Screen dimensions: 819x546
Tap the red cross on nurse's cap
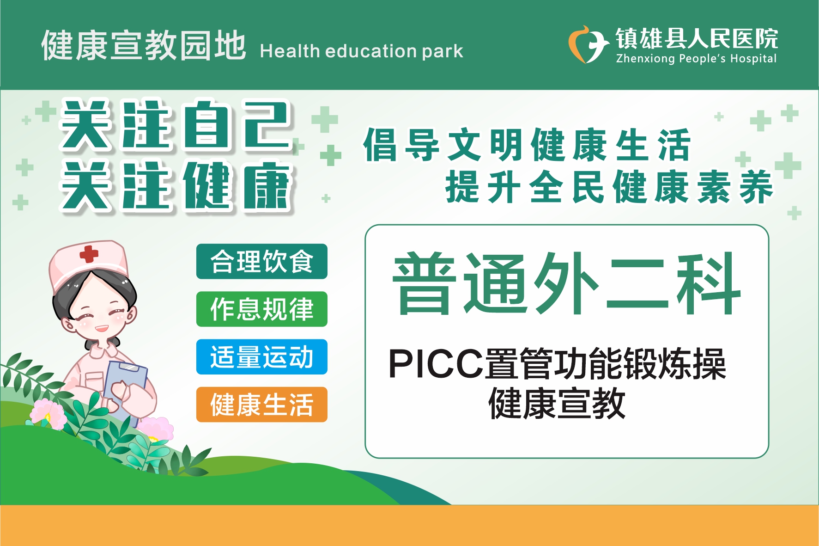(89, 254)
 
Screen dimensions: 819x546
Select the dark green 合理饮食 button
(262, 261)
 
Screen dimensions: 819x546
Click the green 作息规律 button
(262, 309)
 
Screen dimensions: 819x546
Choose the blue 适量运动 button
(262, 357)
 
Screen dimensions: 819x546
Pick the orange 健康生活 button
(262, 405)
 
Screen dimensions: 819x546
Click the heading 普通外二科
(567, 283)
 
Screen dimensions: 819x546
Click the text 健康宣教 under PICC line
(557, 404)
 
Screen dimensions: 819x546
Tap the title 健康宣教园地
(144, 45)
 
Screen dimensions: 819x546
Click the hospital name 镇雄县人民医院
(697, 38)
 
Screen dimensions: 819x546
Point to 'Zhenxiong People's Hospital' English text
(696, 59)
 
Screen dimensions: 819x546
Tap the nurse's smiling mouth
(102, 329)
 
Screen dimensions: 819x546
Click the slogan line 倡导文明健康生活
(527, 145)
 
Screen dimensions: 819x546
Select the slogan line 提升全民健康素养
(609, 187)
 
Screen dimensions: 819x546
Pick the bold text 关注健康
(176, 186)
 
